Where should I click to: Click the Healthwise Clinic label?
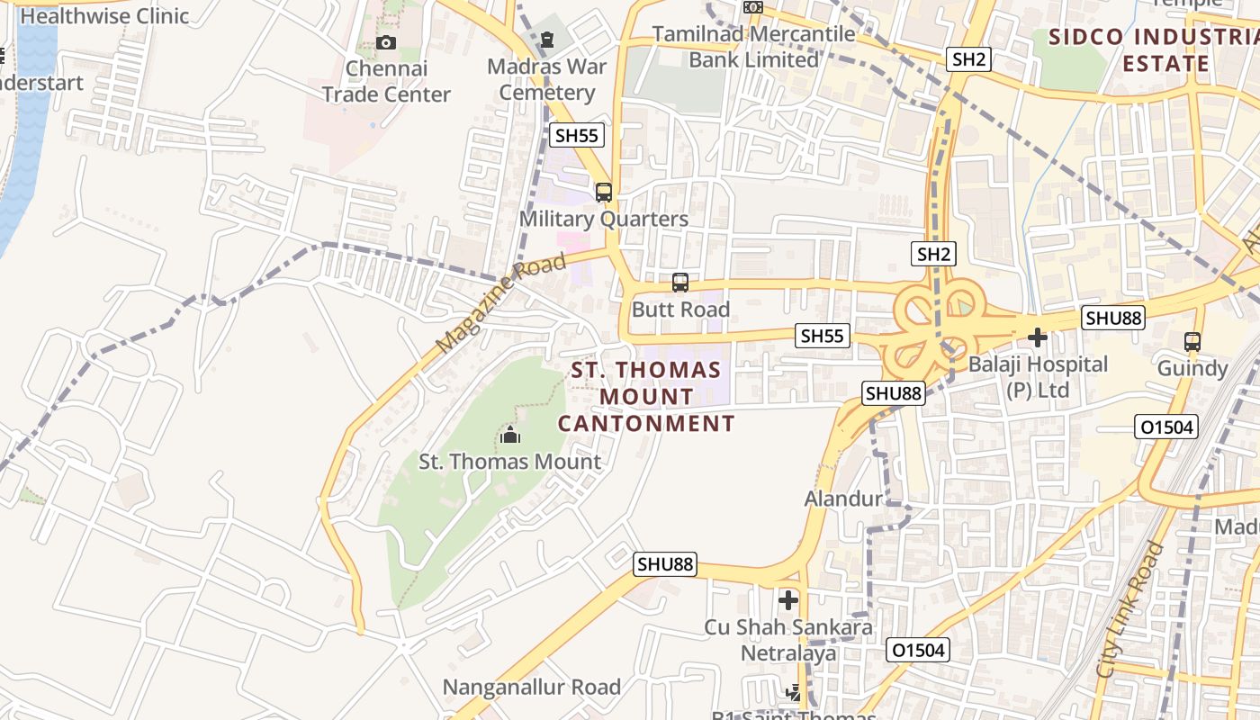[104, 15]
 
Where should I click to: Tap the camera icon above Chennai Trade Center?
[385, 42]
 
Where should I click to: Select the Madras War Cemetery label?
[547, 79]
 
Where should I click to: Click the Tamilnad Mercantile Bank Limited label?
[754, 47]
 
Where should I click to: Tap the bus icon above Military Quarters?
[604, 192]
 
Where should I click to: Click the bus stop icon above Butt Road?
[680, 283]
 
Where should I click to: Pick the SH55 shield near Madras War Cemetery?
[577, 136]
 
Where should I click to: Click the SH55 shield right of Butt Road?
[823, 337]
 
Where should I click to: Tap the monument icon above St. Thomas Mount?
[510, 436]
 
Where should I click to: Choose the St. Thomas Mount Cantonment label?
[646, 396]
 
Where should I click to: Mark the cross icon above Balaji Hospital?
[1037, 338]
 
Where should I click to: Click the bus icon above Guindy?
[1192, 342]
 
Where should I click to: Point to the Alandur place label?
[843, 499]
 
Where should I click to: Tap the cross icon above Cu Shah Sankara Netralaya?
[788, 599]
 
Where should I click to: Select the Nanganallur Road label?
[531, 688]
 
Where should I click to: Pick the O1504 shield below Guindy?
[1166, 427]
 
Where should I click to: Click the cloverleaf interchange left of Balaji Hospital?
[936, 324]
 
